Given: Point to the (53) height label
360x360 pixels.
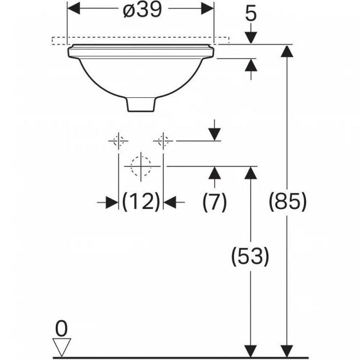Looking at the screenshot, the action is pyautogui.click(x=250, y=256).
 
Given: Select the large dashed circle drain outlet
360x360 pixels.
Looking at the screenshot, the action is pyautogui.click(x=141, y=166).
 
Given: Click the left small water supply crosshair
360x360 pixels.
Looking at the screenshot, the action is pyautogui.click(x=118, y=141).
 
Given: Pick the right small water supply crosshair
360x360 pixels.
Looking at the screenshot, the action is pyautogui.click(x=163, y=141).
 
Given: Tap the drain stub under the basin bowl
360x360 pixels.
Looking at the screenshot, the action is pyautogui.click(x=141, y=104).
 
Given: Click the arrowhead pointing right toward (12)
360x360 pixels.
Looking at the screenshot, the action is pyautogui.click(x=112, y=202).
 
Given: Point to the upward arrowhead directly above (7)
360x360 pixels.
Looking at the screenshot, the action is pyautogui.click(x=215, y=173).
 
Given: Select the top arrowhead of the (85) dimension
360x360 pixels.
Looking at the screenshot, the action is pyautogui.click(x=284, y=51).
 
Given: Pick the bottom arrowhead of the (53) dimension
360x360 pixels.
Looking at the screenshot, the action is pyautogui.click(x=250, y=351).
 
